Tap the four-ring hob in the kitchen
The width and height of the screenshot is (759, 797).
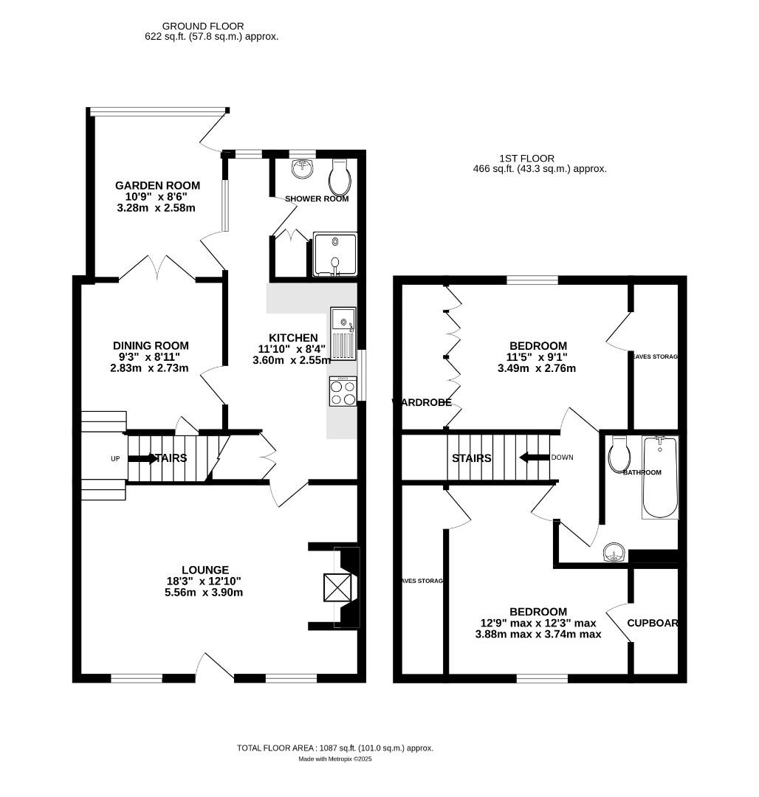[x=343, y=391]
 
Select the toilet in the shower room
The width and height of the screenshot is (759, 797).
[x=340, y=174]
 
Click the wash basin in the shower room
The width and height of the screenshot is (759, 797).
[x=302, y=170]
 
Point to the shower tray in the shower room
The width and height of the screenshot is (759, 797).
[x=335, y=253]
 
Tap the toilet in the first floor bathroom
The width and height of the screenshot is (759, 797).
[x=618, y=455]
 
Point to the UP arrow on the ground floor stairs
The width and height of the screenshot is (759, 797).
[x=142, y=458]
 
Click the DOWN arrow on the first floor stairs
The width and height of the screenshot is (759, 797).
[x=534, y=458]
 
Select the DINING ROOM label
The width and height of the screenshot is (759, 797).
[x=151, y=345]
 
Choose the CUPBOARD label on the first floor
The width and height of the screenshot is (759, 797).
[x=653, y=623]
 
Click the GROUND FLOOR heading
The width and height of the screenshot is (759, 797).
[x=203, y=27]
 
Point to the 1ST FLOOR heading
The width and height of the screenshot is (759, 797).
[x=526, y=158]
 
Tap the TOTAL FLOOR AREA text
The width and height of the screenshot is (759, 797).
[x=334, y=748]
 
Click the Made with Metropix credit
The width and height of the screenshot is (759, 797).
[x=335, y=759]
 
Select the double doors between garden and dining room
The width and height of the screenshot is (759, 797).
[x=157, y=269]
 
